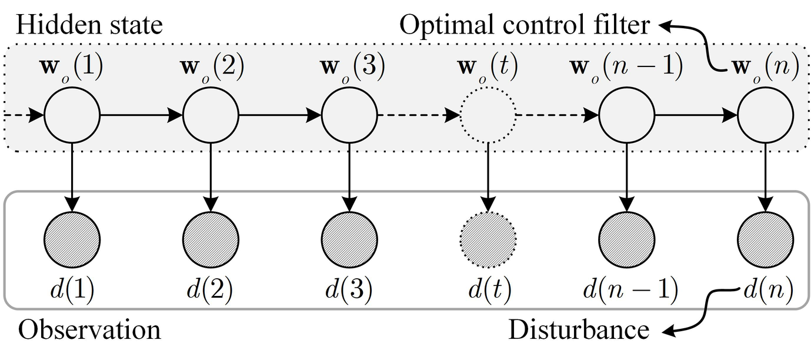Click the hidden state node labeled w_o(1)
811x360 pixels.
pyautogui.click(x=72, y=115)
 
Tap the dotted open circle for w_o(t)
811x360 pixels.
pyautogui.click(x=488, y=115)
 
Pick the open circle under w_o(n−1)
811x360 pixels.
pyautogui.click(x=627, y=115)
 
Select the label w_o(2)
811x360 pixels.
pyautogui.click(x=211, y=68)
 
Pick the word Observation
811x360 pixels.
pyautogui.click(x=89, y=329)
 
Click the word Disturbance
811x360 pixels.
pyautogui.click(x=579, y=329)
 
